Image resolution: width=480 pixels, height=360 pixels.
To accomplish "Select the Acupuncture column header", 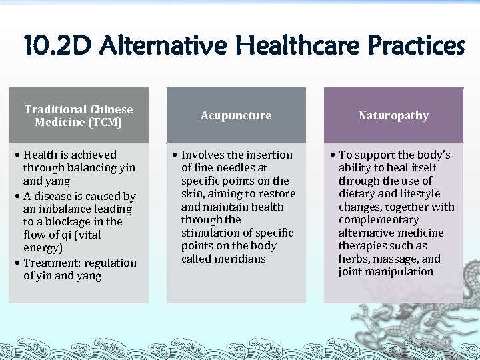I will (236, 115).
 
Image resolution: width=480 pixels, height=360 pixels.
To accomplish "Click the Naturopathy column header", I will (393, 115).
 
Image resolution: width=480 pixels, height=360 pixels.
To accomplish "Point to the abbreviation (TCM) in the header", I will (105, 122).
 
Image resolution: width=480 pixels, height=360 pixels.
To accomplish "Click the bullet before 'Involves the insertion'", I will (175, 155).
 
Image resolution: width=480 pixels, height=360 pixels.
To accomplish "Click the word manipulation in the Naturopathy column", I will (399, 271).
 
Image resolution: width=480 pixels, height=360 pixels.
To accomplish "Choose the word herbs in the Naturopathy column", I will (353, 259).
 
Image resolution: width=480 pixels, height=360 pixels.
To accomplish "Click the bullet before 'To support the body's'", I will (332, 155).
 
